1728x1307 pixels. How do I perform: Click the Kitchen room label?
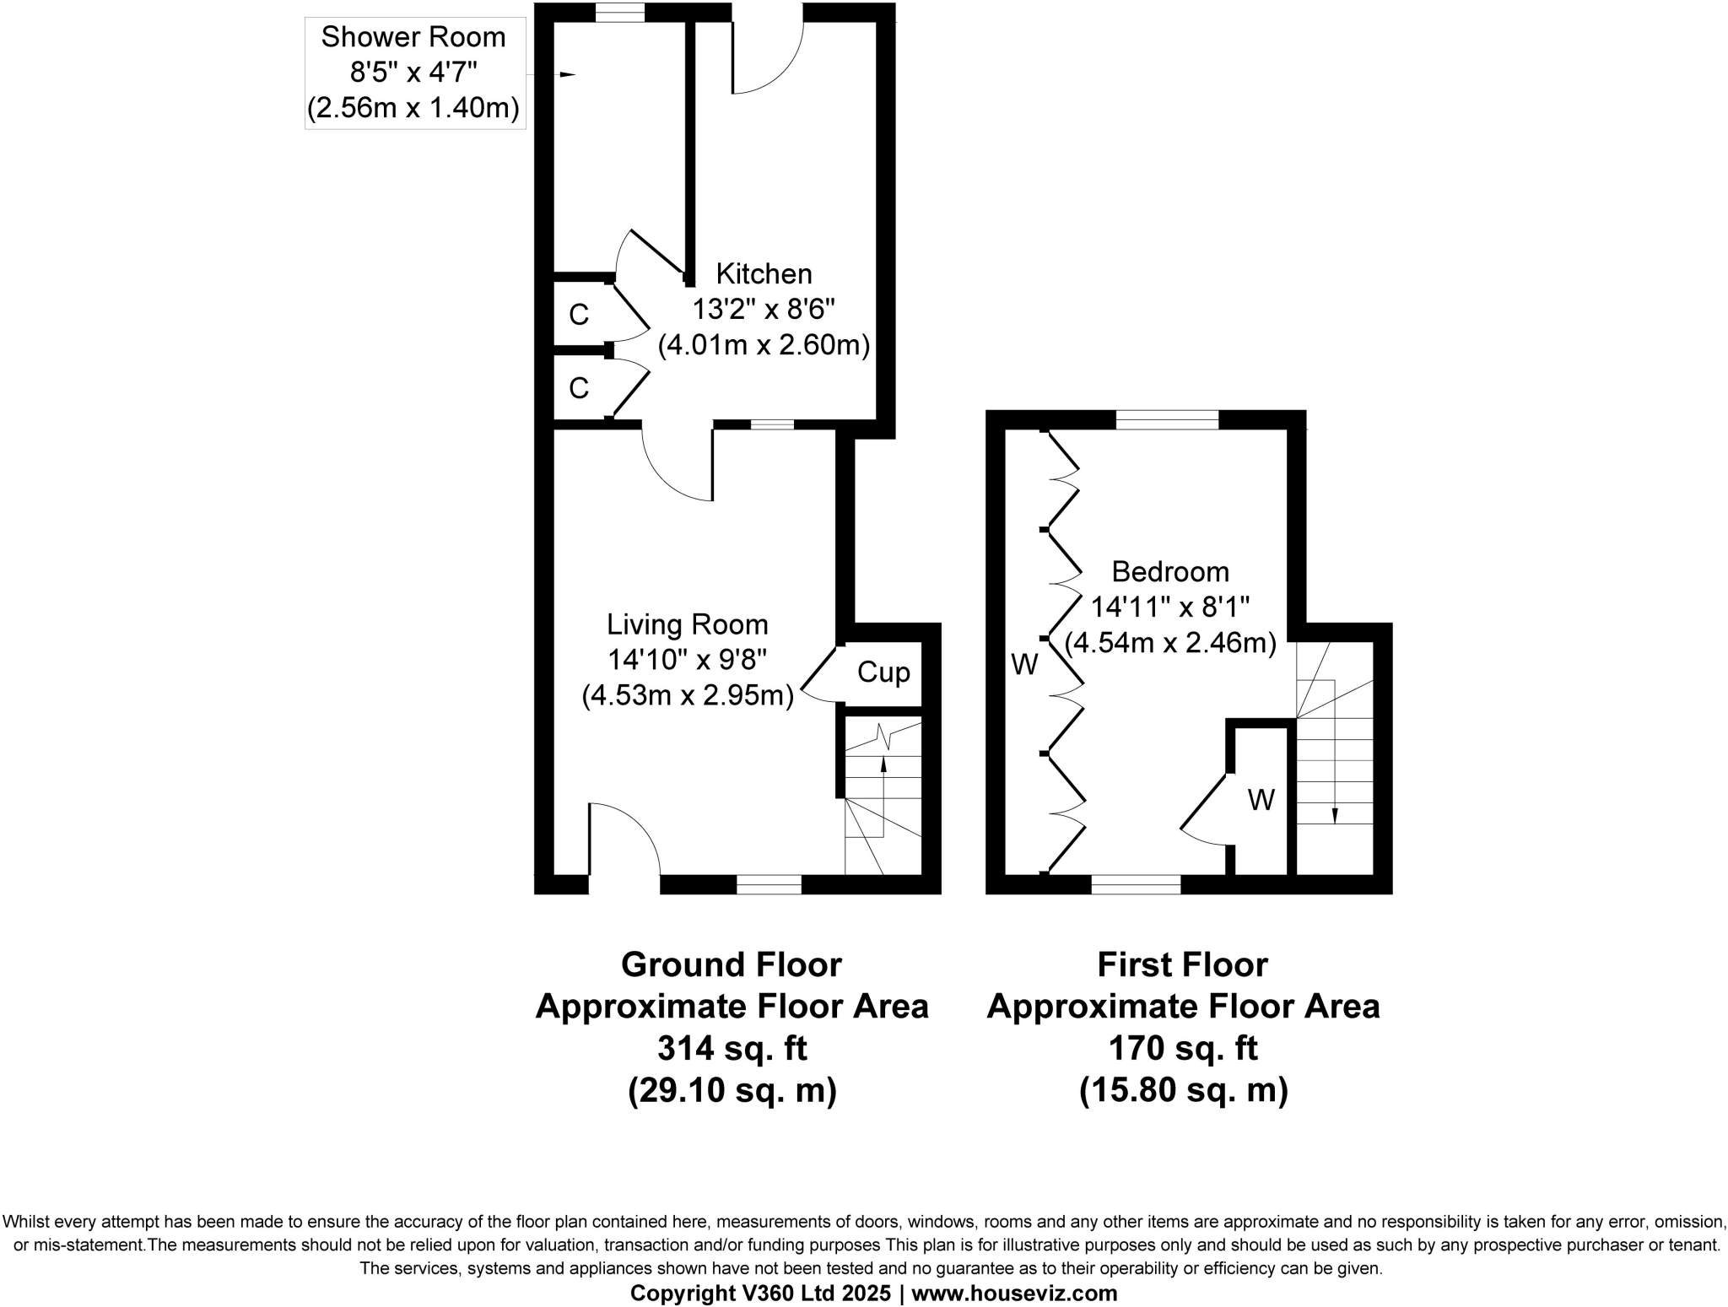[764, 274]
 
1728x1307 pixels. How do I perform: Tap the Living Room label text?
[688, 625]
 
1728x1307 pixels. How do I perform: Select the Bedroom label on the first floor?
[1169, 572]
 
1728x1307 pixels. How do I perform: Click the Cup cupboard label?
[883, 672]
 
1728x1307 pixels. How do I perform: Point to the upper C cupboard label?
[578, 316]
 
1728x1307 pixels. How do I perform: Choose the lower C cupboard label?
[578, 389]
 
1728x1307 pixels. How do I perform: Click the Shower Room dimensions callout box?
[414, 73]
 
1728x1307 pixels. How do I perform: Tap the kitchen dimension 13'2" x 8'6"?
[764, 310]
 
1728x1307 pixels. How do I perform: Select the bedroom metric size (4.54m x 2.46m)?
[1169, 643]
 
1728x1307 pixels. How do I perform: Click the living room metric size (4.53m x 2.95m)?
[688, 696]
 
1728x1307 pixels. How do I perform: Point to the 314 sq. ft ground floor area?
[732, 1049]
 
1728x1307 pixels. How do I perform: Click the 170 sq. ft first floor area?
[1182, 1049]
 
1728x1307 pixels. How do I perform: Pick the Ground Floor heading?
[732, 964]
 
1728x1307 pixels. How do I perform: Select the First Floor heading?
[1182, 964]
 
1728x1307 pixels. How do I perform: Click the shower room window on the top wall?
[619, 13]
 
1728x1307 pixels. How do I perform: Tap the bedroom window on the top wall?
[1168, 419]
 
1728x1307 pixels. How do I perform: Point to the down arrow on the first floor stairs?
[1335, 815]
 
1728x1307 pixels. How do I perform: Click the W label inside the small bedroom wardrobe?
[1261, 800]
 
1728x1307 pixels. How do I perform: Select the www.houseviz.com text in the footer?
[1014, 1293]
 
